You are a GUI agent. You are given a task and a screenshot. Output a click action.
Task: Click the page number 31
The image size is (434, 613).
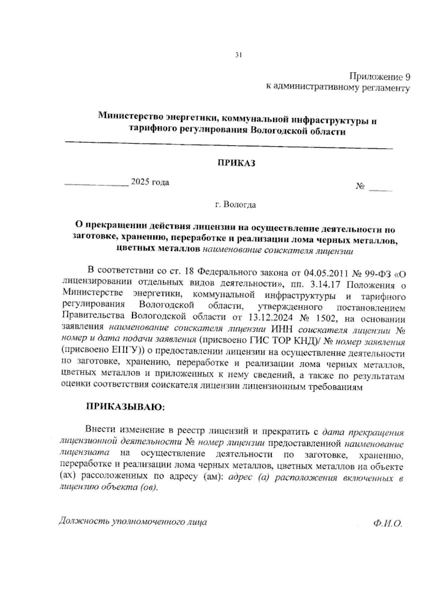tap(238, 55)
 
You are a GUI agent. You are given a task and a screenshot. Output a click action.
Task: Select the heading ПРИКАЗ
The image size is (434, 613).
tap(236, 163)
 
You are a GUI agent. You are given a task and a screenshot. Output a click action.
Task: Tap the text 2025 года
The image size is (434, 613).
tap(150, 182)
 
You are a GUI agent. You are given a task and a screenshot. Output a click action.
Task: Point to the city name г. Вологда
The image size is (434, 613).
tap(235, 205)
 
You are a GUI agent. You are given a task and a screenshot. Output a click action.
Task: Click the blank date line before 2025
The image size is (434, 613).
tap(96, 184)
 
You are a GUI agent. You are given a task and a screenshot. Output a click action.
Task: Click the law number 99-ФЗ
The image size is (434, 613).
tap(375, 272)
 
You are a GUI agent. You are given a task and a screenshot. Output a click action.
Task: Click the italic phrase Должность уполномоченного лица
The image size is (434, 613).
tap(133, 521)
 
